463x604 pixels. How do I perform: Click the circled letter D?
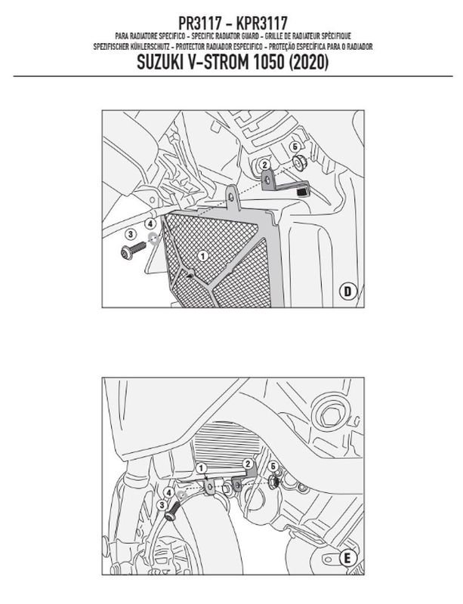[347, 291]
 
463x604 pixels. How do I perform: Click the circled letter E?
[347, 558]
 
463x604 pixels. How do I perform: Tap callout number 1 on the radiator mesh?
[202, 255]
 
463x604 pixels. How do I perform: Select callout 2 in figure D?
[264, 165]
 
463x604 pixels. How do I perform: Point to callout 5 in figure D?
[295, 146]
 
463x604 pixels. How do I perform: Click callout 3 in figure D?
[131, 234]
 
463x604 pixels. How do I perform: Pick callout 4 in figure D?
[150, 223]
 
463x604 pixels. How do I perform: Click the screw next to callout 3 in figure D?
[133, 250]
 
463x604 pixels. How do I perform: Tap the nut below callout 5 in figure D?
[300, 162]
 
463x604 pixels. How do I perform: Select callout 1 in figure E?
[201, 468]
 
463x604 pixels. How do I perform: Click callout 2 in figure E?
[248, 464]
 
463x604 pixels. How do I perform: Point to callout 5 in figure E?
[274, 466]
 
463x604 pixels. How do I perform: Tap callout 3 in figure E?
[162, 504]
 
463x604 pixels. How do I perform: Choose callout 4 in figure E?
[168, 492]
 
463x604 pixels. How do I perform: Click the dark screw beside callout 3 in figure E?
[173, 512]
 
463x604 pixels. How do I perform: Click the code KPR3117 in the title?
[261, 23]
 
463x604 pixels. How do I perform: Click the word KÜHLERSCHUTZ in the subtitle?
[150, 47]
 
